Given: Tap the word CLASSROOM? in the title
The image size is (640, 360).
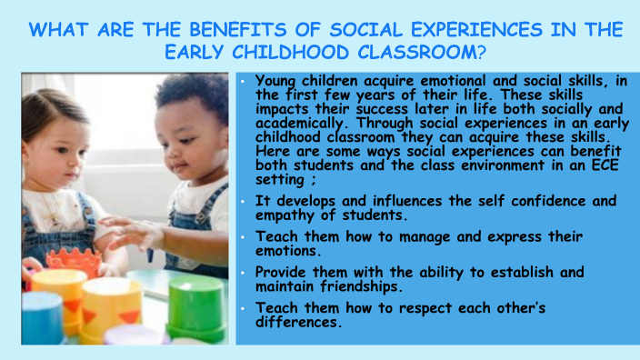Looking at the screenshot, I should coord(428,52).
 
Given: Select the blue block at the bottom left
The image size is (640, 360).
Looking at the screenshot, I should coord(42,318).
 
